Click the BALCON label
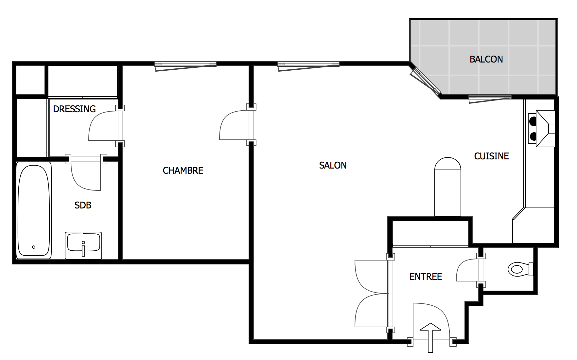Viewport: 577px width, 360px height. point(486,59)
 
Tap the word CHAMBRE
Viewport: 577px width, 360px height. point(183,171)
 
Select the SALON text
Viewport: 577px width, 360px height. point(333,165)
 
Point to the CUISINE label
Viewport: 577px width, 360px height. point(491,156)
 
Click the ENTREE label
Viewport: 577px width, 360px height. point(426,277)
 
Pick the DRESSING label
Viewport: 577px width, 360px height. point(74,109)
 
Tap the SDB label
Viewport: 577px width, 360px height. point(83,205)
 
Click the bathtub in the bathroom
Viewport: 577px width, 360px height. point(34,210)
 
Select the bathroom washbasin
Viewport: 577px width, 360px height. point(83,245)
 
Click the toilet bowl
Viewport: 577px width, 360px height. point(520,269)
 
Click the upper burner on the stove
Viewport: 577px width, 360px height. point(533,121)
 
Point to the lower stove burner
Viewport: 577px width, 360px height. point(533,136)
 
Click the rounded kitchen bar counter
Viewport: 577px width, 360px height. point(447,187)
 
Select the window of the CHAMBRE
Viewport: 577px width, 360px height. point(185,66)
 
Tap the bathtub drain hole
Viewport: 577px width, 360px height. point(34,247)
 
